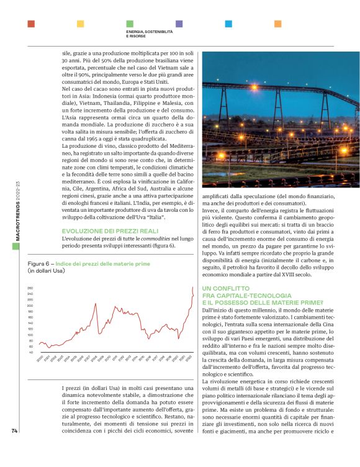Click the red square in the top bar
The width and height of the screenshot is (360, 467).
click(31, 24)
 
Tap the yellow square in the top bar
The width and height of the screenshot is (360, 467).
click(80, 24)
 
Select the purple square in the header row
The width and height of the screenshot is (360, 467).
click(179, 24)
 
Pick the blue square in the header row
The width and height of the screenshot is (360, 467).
click(228, 24)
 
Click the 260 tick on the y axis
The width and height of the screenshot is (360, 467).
click(30, 288)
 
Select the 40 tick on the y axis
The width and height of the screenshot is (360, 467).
click(30, 352)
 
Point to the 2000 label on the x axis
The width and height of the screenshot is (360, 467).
click(40, 359)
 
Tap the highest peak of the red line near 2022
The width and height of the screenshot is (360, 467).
click(192, 288)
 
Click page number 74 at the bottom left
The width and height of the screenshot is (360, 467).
click(14, 449)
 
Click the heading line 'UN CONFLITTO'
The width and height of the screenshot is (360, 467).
click(225, 288)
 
